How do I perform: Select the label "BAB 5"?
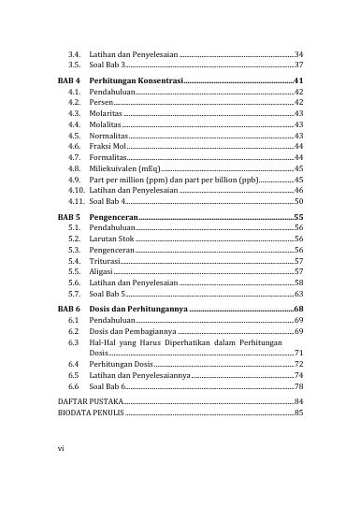pos(69,216)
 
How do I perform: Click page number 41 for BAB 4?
pos(297,81)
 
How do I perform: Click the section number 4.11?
pos(77,201)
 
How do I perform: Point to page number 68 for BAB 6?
pos(297,308)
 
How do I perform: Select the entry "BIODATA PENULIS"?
pos(91,438)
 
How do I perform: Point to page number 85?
pos(297,438)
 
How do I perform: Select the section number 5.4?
pos(75,261)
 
